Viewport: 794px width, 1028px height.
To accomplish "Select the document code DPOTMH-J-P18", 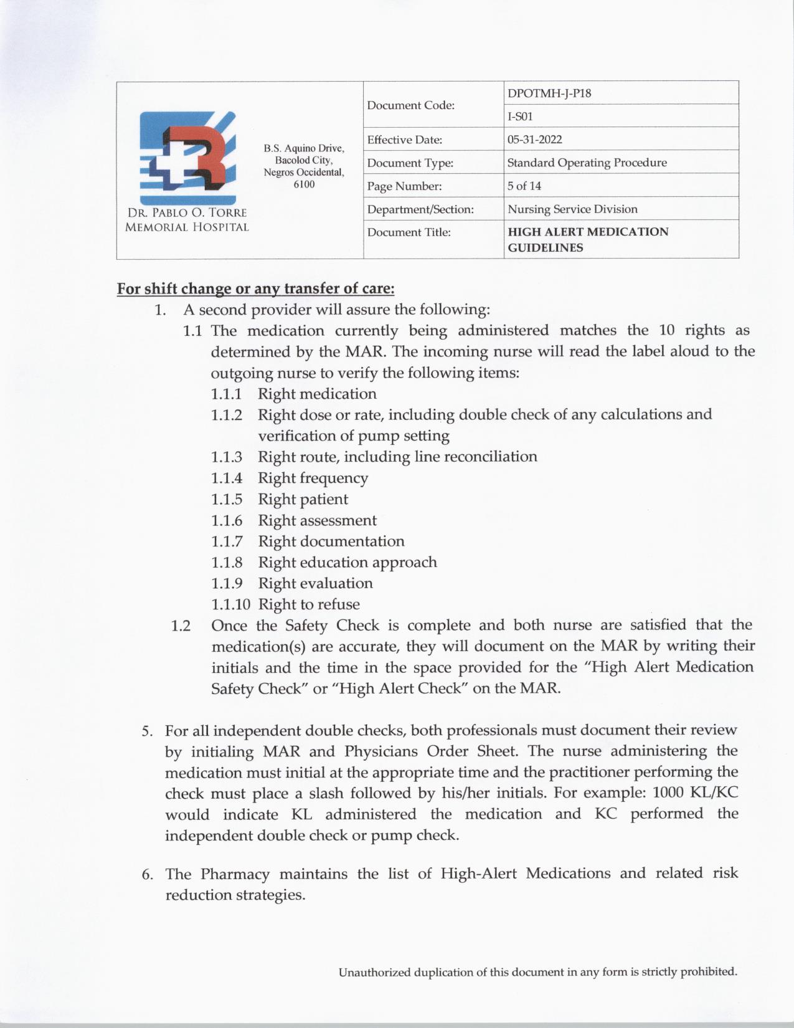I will (549, 93).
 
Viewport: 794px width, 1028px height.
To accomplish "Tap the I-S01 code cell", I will (520, 117).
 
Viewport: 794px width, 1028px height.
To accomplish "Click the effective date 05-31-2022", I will (534, 140).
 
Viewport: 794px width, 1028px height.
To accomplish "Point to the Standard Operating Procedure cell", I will (587, 163).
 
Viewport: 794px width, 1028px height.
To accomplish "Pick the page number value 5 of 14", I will (524, 186).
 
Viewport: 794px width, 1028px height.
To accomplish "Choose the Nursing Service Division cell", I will (572, 209).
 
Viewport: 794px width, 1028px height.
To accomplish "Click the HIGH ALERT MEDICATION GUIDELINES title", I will (588, 239).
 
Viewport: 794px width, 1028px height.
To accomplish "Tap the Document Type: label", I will (410, 163).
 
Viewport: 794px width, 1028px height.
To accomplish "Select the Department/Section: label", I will (420, 209).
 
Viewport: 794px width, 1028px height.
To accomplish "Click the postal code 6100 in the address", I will (304, 184).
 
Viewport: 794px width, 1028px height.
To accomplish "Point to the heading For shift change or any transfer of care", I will (255, 289).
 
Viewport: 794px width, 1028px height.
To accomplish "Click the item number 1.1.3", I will (226, 457).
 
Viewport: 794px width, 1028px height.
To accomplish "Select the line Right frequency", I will (313, 478).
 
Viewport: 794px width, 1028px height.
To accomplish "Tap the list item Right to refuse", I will (309, 604).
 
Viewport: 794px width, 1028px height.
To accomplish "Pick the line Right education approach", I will (347, 562).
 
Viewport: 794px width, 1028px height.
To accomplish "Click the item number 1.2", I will (181, 626).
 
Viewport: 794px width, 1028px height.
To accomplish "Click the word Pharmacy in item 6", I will (235, 873).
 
